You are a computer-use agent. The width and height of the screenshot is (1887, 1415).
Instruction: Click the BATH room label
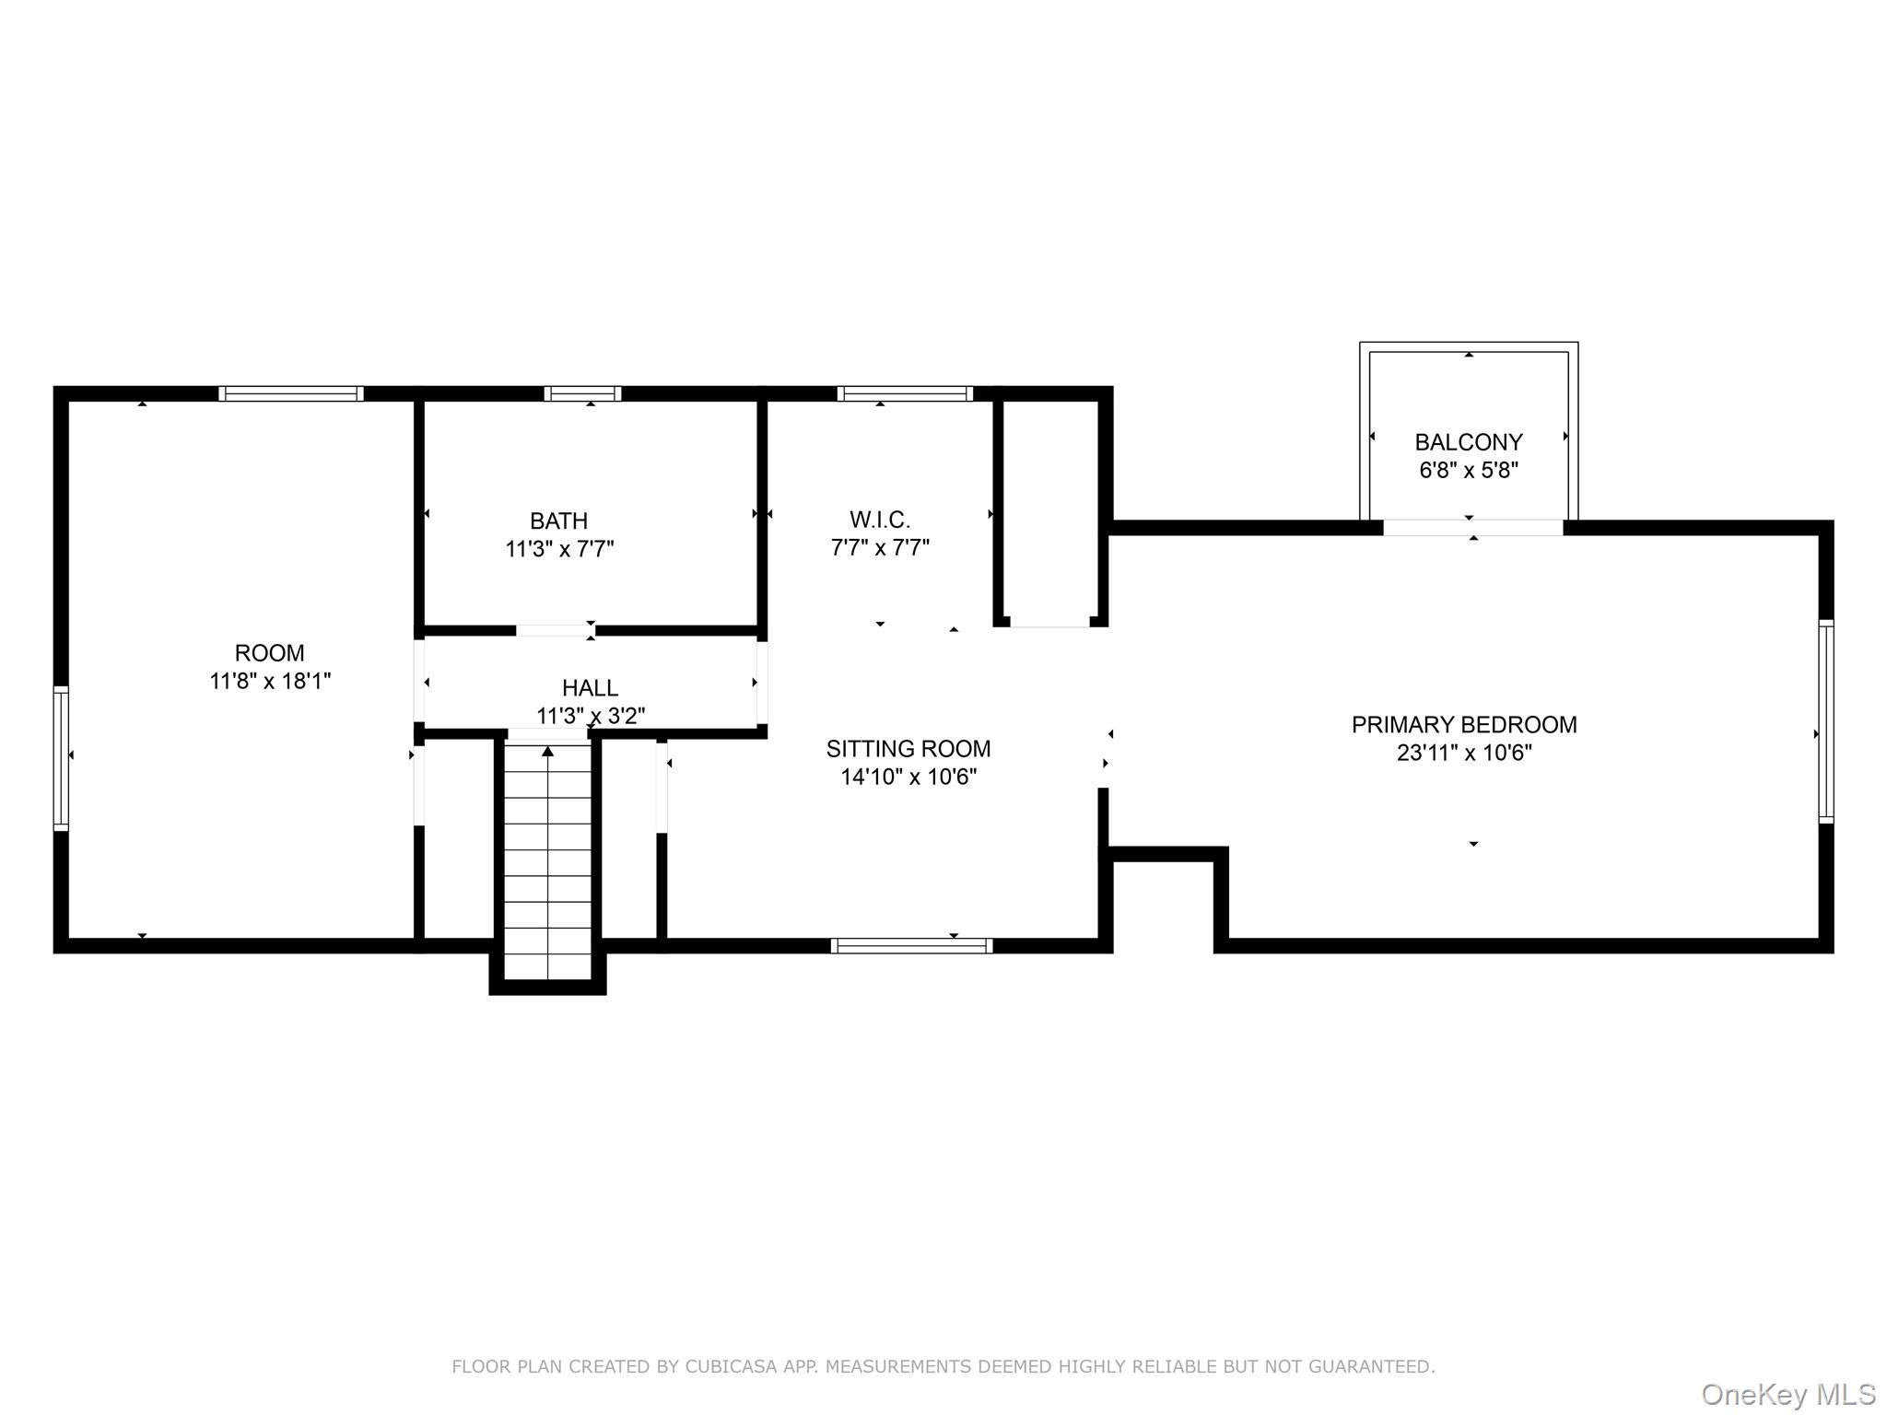click(558, 520)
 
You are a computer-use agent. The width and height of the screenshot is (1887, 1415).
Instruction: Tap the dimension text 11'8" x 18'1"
click(270, 682)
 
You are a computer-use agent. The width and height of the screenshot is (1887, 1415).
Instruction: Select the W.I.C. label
click(880, 520)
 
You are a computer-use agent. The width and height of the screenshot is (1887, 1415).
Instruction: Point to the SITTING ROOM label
click(908, 749)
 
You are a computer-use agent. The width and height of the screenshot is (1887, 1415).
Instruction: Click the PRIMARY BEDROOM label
click(1464, 725)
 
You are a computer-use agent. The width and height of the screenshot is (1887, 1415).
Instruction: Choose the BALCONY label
click(1469, 442)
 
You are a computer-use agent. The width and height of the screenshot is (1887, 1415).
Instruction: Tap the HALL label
click(590, 688)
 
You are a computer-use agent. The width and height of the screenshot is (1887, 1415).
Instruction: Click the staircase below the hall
click(548, 861)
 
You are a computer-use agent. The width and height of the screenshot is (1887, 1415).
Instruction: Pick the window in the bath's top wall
click(582, 393)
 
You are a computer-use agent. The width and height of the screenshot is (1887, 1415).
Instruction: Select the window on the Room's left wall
click(61, 758)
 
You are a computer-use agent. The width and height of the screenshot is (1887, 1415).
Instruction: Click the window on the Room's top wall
click(291, 393)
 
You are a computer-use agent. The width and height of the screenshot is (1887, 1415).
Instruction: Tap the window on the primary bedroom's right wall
click(1826, 721)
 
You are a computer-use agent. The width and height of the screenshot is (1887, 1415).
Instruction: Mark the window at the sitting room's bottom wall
click(911, 945)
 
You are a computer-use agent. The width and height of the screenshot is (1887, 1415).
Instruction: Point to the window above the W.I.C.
click(905, 393)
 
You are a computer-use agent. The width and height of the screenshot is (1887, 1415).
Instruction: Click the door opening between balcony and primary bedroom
click(1473, 528)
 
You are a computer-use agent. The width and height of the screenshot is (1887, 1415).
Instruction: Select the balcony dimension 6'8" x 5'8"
click(1469, 471)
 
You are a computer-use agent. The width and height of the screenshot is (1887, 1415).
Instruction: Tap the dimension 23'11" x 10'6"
click(1464, 754)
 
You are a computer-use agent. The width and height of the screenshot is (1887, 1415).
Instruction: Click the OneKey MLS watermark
click(1788, 1395)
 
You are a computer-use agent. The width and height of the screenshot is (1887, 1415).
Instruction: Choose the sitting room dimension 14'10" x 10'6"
click(908, 778)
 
